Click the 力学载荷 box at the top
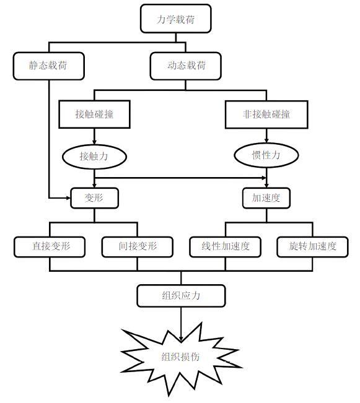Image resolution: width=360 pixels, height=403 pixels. tap(176, 19)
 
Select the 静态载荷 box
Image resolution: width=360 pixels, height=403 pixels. tap(48, 66)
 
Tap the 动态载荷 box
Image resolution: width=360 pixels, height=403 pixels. tap(185, 66)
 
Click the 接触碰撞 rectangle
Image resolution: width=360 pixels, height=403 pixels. tap(94, 114)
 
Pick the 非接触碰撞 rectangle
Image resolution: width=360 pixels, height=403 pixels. tap(266, 115)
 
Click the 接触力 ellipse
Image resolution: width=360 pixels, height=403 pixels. tap(94, 157)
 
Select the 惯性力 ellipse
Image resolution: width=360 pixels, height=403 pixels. tap(266, 155)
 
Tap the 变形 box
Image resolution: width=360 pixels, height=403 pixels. tap(94, 198)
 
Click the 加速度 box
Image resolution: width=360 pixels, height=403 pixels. tap(266, 198)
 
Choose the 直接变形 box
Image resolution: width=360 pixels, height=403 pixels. tap(50, 247)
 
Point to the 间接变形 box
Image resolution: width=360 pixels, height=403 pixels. tap(137, 247)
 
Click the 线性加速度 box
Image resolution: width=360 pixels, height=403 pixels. tap(225, 247)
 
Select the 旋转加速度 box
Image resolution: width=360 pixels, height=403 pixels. tap(312, 247)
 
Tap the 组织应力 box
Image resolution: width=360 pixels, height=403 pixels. tap(181, 295)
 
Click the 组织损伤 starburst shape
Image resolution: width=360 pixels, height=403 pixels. tap(181, 357)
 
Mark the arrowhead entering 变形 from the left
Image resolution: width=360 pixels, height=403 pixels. tap(68, 198)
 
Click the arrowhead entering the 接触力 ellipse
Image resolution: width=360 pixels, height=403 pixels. tap(94, 142)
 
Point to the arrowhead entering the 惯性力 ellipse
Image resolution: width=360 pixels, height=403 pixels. tap(266, 141)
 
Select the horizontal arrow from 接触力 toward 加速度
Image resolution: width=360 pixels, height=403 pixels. tap(180, 178)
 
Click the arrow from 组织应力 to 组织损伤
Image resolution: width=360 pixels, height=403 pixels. tap(181, 324)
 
